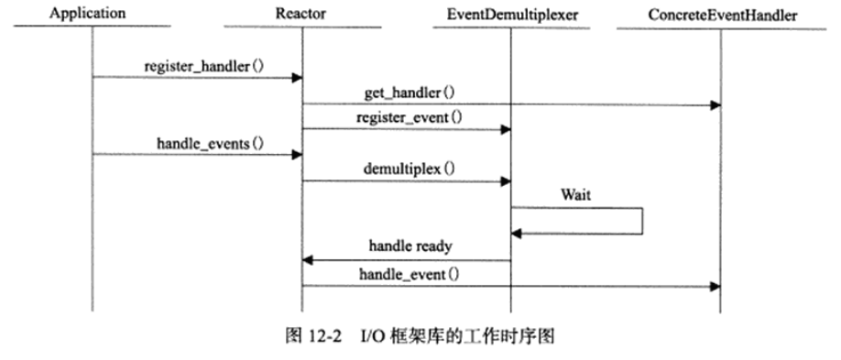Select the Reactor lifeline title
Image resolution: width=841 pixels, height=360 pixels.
[x=300, y=14]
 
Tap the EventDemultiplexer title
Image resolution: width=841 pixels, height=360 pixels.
[x=510, y=14]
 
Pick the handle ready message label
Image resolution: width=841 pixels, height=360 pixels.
[x=410, y=246]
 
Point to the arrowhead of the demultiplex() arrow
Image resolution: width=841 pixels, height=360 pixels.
[x=505, y=181]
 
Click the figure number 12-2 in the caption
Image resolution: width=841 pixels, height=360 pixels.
[x=325, y=336]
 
